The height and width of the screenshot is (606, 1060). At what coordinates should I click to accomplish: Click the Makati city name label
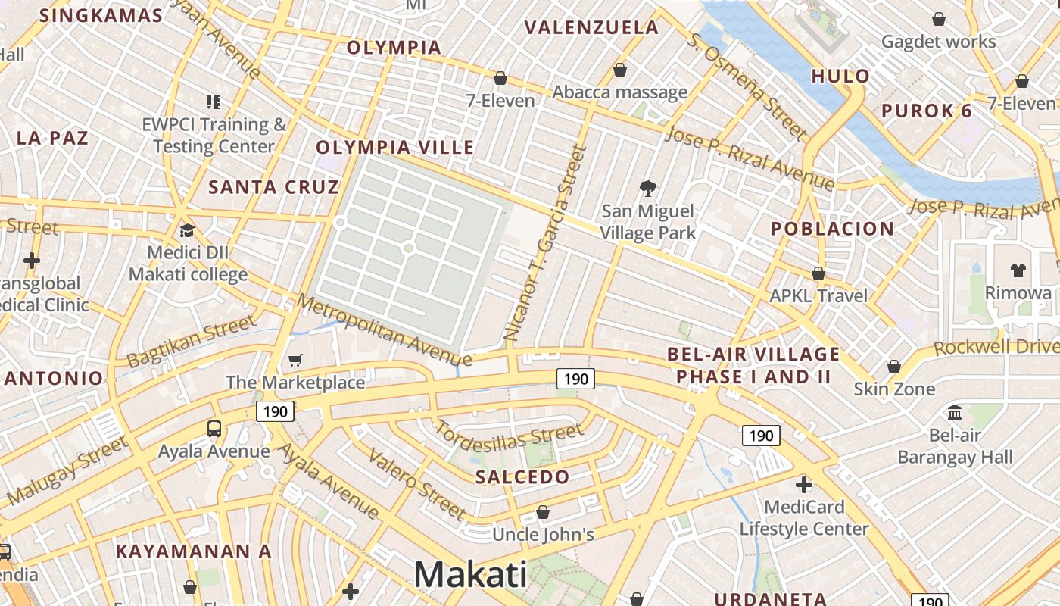pyautogui.click(x=469, y=574)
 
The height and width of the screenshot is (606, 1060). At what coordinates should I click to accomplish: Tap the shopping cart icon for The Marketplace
pyautogui.click(x=295, y=360)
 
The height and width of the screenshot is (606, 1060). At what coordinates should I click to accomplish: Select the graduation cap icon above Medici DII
pyautogui.click(x=187, y=230)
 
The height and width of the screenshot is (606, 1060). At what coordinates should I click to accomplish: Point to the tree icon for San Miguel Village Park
pyautogui.click(x=647, y=188)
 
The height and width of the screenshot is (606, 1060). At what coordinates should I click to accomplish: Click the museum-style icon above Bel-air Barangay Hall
pyautogui.click(x=955, y=413)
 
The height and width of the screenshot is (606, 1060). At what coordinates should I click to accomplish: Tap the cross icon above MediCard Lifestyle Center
pyautogui.click(x=804, y=484)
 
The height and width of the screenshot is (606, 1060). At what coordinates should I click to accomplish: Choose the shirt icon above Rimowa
pyautogui.click(x=1018, y=270)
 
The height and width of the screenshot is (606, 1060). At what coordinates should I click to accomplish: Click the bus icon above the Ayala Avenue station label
pyautogui.click(x=214, y=429)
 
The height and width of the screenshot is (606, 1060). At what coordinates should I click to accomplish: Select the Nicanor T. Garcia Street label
pyautogui.click(x=545, y=242)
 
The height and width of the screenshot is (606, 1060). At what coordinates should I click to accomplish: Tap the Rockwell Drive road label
pyautogui.click(x=995, y=346)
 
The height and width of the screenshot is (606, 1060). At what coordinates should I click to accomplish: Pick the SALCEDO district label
pyautogui.click(x=522, y=477)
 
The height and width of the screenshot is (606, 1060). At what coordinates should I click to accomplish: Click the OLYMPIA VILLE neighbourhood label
pyautogui.click(x=394, y=147)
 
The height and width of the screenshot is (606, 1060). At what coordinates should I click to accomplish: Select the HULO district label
pyautogui.click(x=840, y=76)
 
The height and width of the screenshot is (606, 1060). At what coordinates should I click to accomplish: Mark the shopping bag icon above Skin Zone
pyautogui.click(x=894, y=367)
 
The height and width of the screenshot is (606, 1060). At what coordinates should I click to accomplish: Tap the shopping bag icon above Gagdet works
pyautogui.click(x=939, y=19)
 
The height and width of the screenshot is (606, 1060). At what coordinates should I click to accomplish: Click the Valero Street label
pyautogui.click(x=416, y=483)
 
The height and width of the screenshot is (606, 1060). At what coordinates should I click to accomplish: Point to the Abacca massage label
pyautogui.click(x=619, y=92)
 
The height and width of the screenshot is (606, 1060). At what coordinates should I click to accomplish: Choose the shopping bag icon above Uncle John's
pyautogui.click(x=543, y=513)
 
